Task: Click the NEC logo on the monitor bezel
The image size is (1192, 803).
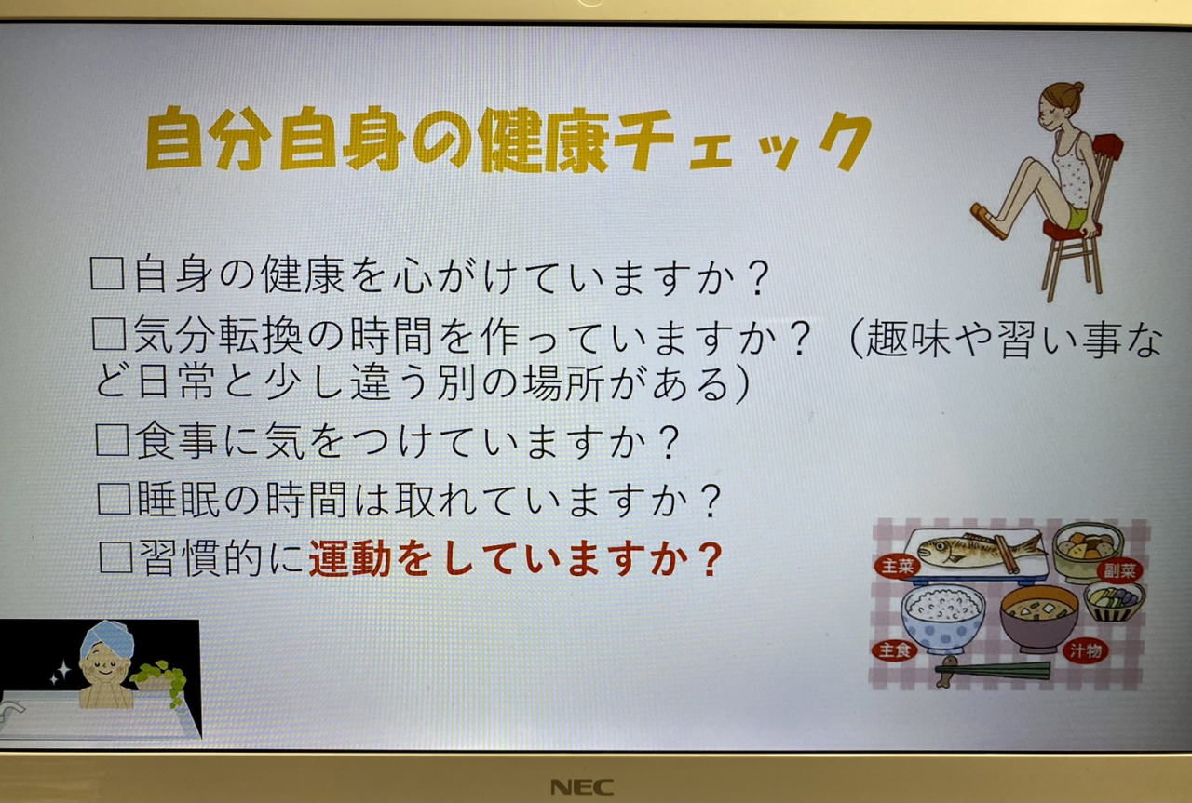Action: pos(582,786)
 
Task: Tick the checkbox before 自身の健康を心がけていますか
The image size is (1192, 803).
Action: pos(107,274)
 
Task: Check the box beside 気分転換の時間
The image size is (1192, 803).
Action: pos(109,333)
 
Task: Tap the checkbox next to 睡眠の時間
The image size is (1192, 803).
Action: pos(115,498)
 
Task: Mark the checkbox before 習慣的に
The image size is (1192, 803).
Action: pos(116,556)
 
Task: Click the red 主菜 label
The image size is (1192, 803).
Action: pos(897,566)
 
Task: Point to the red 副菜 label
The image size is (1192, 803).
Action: pos(1119,570)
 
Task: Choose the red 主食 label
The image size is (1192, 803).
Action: pos(894,650)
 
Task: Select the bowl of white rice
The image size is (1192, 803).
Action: pos(942,618)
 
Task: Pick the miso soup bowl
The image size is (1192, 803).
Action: pos(1038,618)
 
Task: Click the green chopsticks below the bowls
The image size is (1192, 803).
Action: pos(993,671)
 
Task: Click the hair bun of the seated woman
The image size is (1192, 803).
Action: pos(1077,87)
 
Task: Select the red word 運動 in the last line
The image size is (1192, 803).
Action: pos(349,558)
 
